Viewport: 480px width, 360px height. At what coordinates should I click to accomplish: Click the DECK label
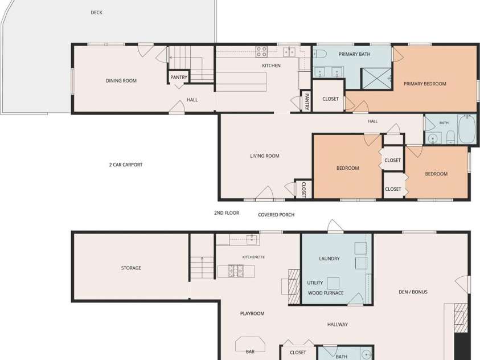click(x=96, y=13)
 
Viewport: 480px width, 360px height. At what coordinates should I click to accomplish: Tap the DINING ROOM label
click(x=121, y=81)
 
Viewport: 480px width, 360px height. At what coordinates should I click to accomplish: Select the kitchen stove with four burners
click(x=261, y=52)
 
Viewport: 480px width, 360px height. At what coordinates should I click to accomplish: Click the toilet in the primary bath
click(x=319, y=54)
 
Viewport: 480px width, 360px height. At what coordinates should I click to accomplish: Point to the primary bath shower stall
click(x=376, y=79)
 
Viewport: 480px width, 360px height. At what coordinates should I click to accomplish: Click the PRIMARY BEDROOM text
click(x=425, y=84)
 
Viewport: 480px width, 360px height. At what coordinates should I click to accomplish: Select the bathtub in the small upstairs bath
click(x=467, y=129)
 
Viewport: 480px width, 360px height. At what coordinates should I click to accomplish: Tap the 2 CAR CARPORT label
click(x=126, y=165)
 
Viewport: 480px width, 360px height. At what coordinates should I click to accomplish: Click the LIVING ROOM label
click(x=265, y=156)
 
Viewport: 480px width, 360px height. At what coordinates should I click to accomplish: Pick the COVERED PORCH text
click(x=276, y=215)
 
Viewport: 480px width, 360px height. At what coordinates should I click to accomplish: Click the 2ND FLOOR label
click(x=227, y=213)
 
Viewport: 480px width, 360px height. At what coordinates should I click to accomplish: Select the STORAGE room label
click(x=131, y=268)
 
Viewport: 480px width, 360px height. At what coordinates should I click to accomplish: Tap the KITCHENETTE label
click(x=253, y=257)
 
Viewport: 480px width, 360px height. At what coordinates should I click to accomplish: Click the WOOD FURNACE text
click(x=326, y=293)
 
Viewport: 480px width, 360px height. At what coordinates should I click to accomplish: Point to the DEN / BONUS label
click(x=413, y=292)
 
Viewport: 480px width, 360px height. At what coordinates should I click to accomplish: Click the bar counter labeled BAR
click(x=250, y=345)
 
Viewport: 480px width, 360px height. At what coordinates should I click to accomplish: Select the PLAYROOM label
click(x=252, y=313)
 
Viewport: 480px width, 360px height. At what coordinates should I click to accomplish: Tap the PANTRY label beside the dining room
click(x=179, y=77)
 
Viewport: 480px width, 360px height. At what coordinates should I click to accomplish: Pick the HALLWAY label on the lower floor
click(x=337, y=325)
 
